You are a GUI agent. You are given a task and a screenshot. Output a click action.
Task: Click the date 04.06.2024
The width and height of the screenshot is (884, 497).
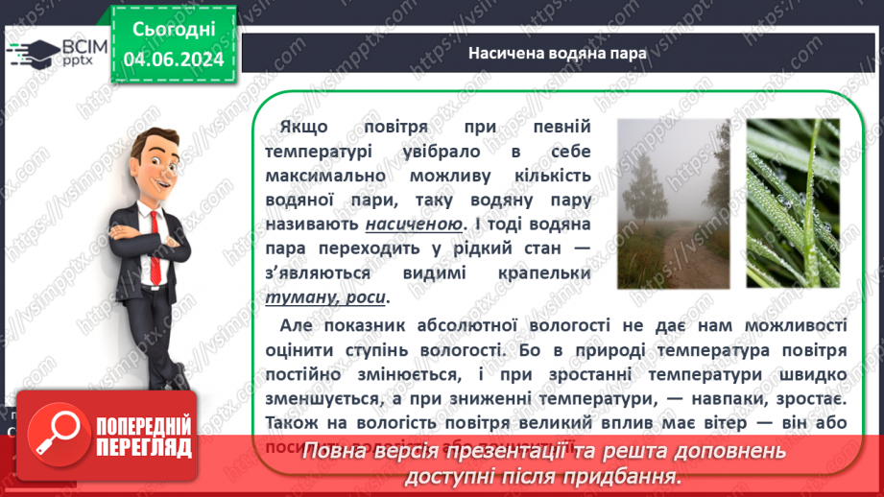174,59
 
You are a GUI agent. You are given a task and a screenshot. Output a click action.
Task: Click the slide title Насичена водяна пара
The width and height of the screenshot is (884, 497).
558,54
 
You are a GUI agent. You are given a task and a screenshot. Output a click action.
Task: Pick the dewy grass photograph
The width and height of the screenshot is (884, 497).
792,203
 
